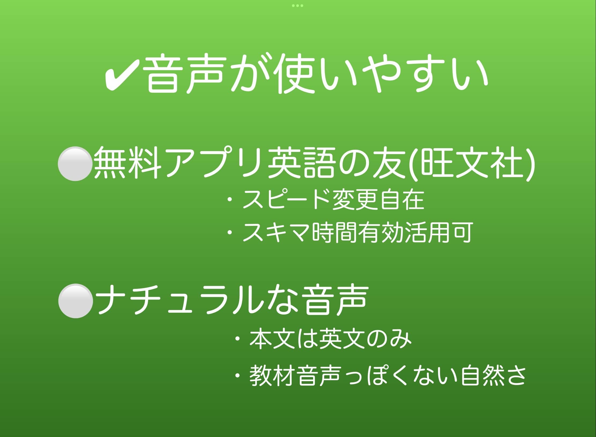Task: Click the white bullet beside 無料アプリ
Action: (x=75, y=164)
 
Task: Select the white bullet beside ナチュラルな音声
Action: (x=76, y=301)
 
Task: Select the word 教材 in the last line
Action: (x=272, y=376)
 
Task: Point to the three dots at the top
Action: (x=298, y=6)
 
